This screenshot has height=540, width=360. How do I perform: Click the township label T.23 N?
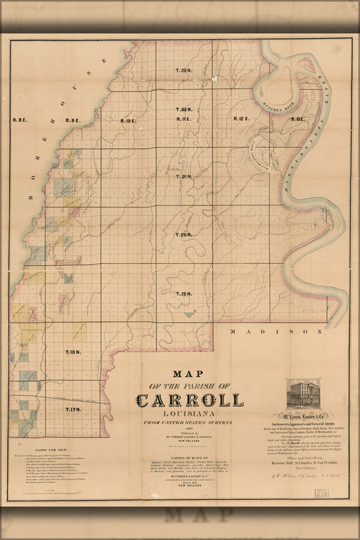pyautogui.click(x=184, y=71)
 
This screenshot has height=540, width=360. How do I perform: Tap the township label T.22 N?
pyautogui.click(x=184, y=110)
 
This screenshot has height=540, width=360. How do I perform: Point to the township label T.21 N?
pyautogui.click(x=184, y=176)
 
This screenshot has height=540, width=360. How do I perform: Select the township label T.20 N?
pyautogui.click(x=184, y=235)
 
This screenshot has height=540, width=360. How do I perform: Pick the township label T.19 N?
pyautogui.click(x=184, y=293)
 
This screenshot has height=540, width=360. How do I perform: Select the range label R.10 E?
pyautogui.click(x=128, y=121)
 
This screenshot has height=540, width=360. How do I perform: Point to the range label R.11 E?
pyautogui.click(x=184, y=120)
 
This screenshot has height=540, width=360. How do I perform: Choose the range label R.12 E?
pyautogui.click(x=242, y=120)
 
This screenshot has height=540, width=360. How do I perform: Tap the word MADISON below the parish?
pyautogui.click(x=270, y=330)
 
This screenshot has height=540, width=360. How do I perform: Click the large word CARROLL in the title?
pyautogui.click(x=191, y=401)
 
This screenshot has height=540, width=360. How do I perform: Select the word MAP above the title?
pyautogui.click(x=191, y=374)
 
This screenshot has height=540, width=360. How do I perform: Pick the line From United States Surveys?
pyautogui.click(x=191, y=423)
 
